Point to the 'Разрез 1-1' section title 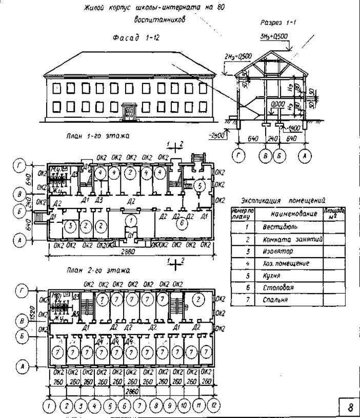pos(278,23)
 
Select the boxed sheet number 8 pos(350,408)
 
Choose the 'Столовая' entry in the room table pos(275,288)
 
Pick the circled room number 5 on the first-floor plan pos(200,184)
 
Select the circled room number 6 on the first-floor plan pos(179,223)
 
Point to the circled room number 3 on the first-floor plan pos(71,225)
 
